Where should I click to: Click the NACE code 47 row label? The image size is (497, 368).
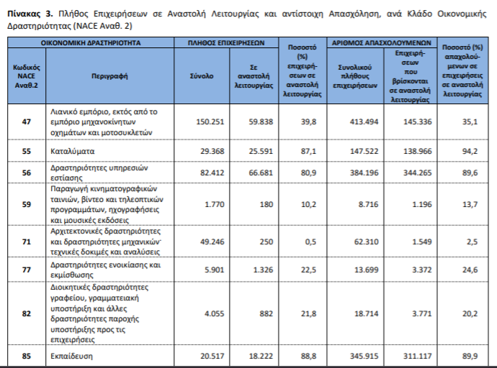pos(26,122)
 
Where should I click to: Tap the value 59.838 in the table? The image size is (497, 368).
pos(260,122)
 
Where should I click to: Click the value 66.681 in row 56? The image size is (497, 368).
pos(260,172)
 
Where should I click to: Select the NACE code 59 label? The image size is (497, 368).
pos(26,203)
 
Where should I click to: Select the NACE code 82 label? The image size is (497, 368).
pos(26,313)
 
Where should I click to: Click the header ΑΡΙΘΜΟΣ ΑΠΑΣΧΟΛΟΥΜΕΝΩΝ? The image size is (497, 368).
pos(382,44)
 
